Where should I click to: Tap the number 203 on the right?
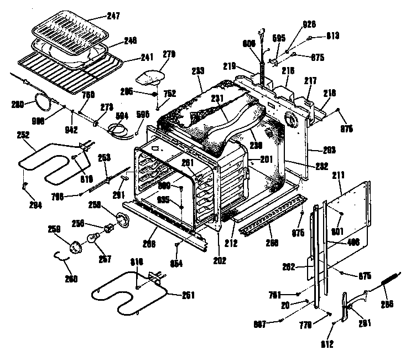click(x=314, y=149)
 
